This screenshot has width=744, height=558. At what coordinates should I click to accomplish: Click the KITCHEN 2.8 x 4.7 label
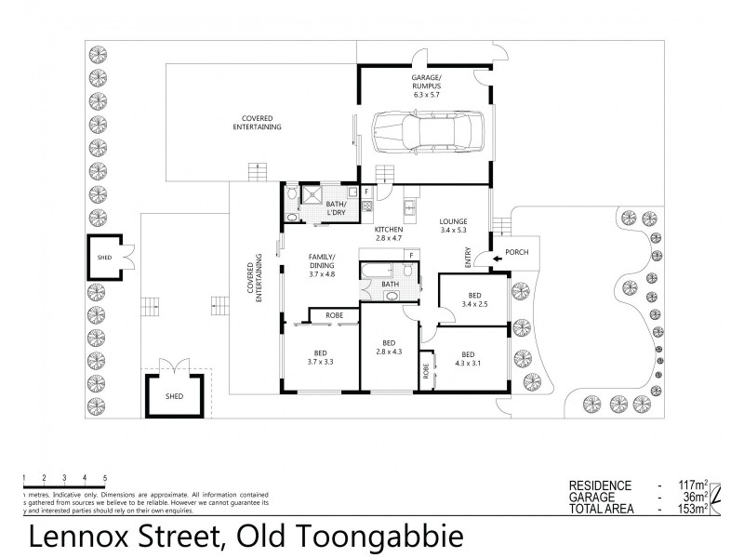(x=388, y=233)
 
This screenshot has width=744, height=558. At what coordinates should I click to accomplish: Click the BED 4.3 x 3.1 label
(x=468, y=358)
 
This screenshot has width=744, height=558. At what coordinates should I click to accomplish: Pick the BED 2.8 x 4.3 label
(x=389, y=346)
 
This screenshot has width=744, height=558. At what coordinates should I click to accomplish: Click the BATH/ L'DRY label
(x=336, y=207)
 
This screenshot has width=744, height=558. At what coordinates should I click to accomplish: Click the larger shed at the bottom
(x=174, y=395)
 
